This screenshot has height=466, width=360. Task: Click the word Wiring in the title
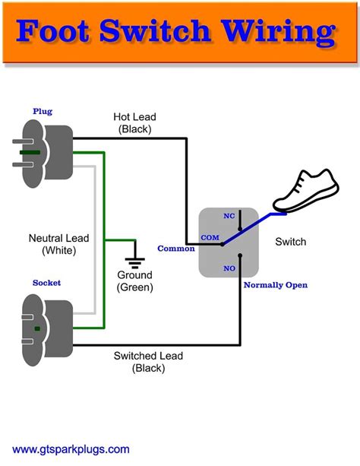coord(279,31)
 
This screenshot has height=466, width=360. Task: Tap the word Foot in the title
coord(52,30)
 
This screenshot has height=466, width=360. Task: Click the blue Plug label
coord(43,112)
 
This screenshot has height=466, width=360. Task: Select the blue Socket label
coord(46,283)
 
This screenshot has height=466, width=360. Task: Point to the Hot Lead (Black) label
coord(134,122)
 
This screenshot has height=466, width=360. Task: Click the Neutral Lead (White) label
coord(58,244)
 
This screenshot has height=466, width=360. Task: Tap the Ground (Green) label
coord(135,281)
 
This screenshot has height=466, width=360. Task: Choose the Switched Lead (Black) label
coord(148,362)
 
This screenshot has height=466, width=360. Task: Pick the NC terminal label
coord(229,216)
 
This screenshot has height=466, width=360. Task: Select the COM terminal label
coord(210,238)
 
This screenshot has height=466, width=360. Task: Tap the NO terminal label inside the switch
coord(229,268)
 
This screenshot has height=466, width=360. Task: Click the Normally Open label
coord(276,285)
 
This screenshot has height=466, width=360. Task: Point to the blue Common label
coord(176,249)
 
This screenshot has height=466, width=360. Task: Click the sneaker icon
coord(306,191)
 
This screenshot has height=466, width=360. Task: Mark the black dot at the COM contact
coord(223,244)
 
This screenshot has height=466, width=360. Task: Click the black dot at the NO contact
coord(240,255)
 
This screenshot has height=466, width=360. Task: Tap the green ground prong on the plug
coord(30,153)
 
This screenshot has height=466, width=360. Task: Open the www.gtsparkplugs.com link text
coord(71,449)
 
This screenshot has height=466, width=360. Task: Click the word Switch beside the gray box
coord(290,242)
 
